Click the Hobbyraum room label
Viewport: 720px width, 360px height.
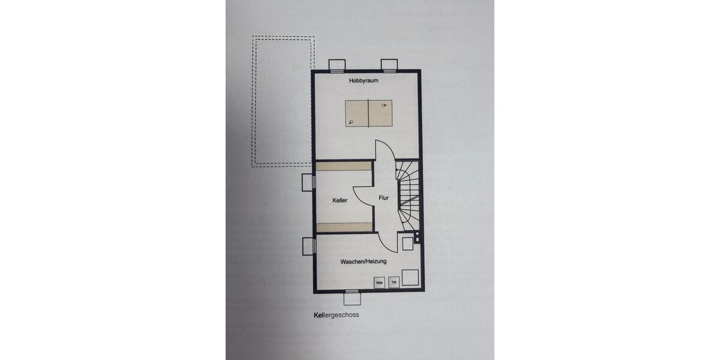[x=365, y=80]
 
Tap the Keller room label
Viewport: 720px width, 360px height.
[x=340, y=200]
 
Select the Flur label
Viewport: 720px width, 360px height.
[x=384, y=197]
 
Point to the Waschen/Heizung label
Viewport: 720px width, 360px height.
[x=363, y=262]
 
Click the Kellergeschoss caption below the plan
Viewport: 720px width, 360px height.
[x=336, y=314]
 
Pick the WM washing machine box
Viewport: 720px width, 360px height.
[x=379, y=282]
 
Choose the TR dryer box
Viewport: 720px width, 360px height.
[x=394, y=282]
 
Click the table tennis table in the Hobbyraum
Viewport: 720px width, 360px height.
[x=368, y=113]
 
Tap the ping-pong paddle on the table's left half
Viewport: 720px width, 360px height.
[x=351, y=122]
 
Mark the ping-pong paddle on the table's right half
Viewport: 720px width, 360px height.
[x=384, y=106]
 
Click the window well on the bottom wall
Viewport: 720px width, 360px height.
[x=353, y=298]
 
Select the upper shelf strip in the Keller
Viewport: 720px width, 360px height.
[x=344, y=166]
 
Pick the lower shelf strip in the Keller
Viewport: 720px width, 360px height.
[x=344, y=226]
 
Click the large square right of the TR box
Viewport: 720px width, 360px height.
[x=410, y=278]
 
